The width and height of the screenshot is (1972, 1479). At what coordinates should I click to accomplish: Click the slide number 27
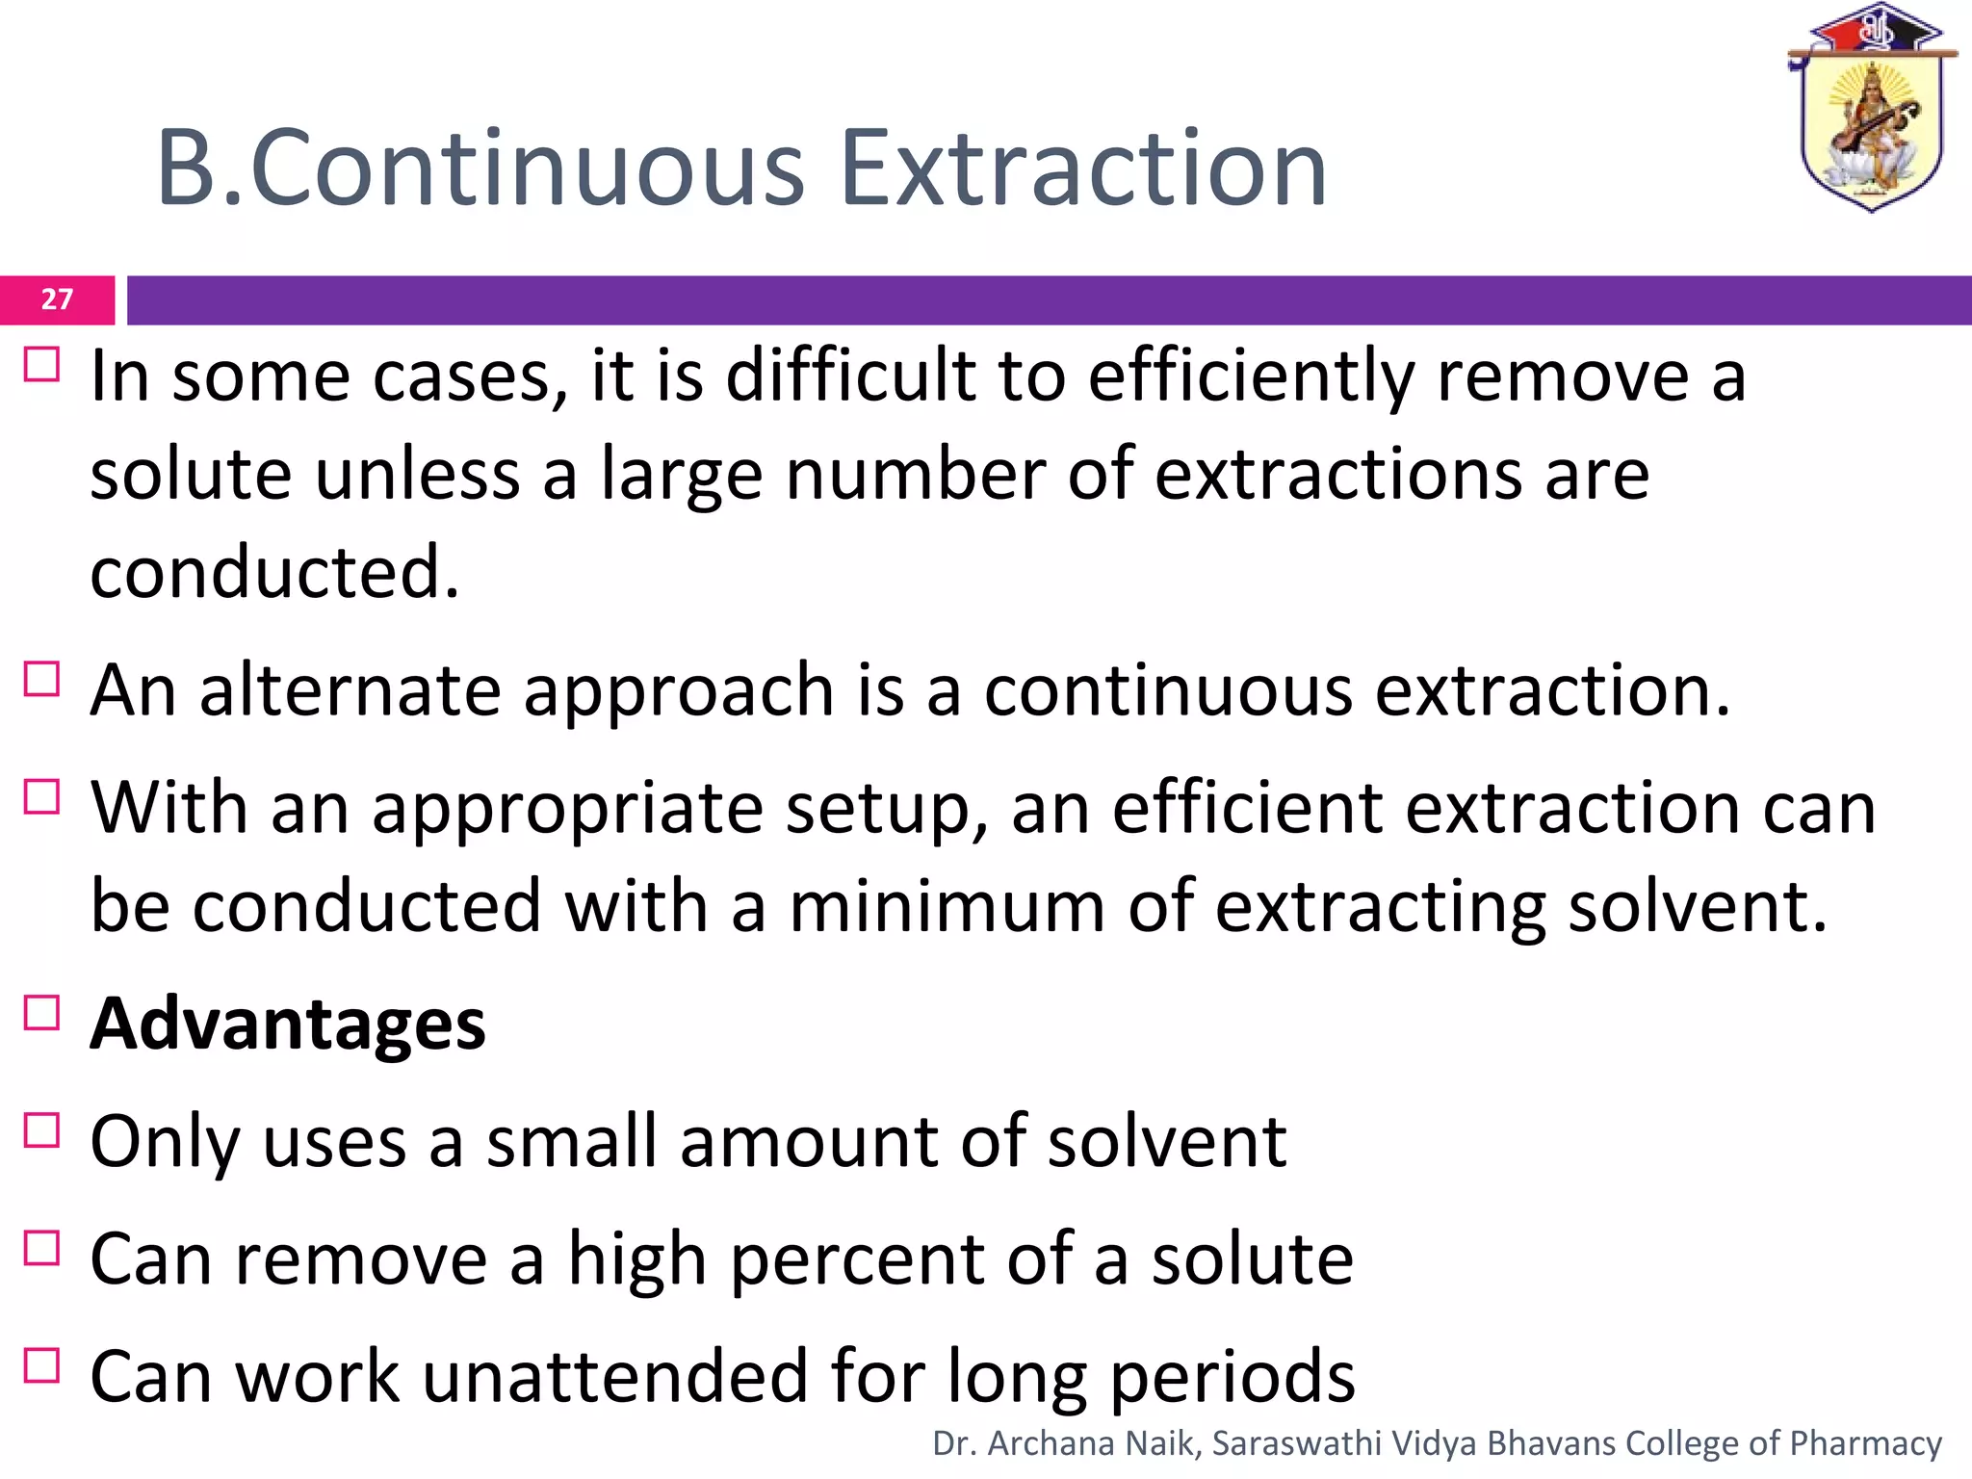pyautogui.click(x=57, y=299)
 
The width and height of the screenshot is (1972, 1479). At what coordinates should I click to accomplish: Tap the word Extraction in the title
pyautogui.click(x=1083, y=169)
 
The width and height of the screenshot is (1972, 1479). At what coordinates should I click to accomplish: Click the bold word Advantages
pyautogui.click(x=288, y=1024)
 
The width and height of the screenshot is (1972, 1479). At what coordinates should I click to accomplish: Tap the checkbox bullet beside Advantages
pyautogui.click(x=42, y=1014)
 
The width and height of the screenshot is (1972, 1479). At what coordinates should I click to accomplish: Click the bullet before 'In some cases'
pyautogui.click(x=42, y=366)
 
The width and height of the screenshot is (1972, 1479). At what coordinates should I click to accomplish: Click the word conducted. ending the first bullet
pyautogui.click(x=274, y=572)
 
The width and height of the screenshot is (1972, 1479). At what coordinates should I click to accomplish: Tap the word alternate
pyautogui.click(x=350, y=690)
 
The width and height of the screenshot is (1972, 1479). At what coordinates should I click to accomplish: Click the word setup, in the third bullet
pyautogui.click(x=886, y=811)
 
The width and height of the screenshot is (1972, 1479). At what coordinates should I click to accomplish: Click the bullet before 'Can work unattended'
pyautogui.click(x=42, y=1366)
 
